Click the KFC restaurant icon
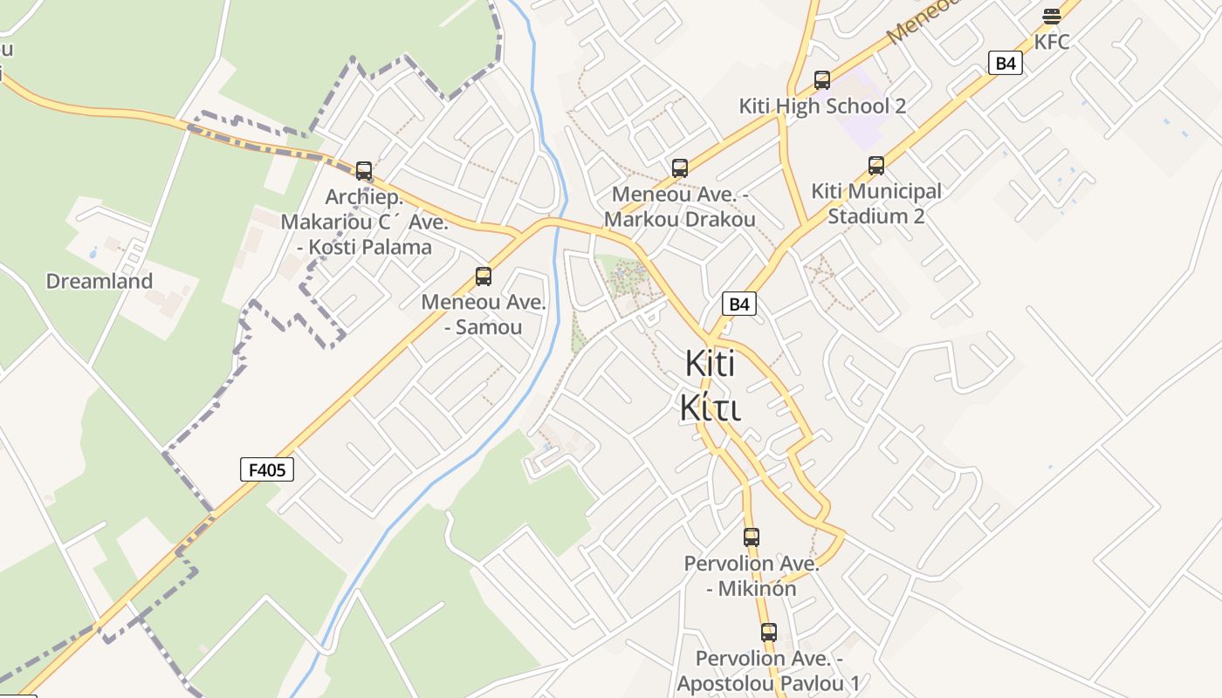click(1052, 16)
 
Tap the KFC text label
click(1052, 42)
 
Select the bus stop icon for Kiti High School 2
click(822, 80)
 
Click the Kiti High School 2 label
click(822, 106)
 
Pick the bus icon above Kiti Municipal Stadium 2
click(876, 165)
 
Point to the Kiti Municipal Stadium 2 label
click(876, 203)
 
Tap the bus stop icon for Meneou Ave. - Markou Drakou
click(680, 168)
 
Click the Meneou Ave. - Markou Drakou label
click(680, 207)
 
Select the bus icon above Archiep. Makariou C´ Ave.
click(364, 170)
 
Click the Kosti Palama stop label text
click(365, 247)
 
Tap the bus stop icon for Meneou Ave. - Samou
click(484, 277)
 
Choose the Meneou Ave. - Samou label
click(484, 314)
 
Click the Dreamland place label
click(100, 281)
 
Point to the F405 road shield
click(267, 470)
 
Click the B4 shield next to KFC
click(1006, 63)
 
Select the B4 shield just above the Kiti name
click(739, 304)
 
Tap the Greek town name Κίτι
click(711, 407)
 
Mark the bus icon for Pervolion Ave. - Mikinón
click(752, 537)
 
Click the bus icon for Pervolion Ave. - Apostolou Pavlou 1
click(769, 632)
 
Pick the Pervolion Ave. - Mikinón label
click(752, 576)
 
